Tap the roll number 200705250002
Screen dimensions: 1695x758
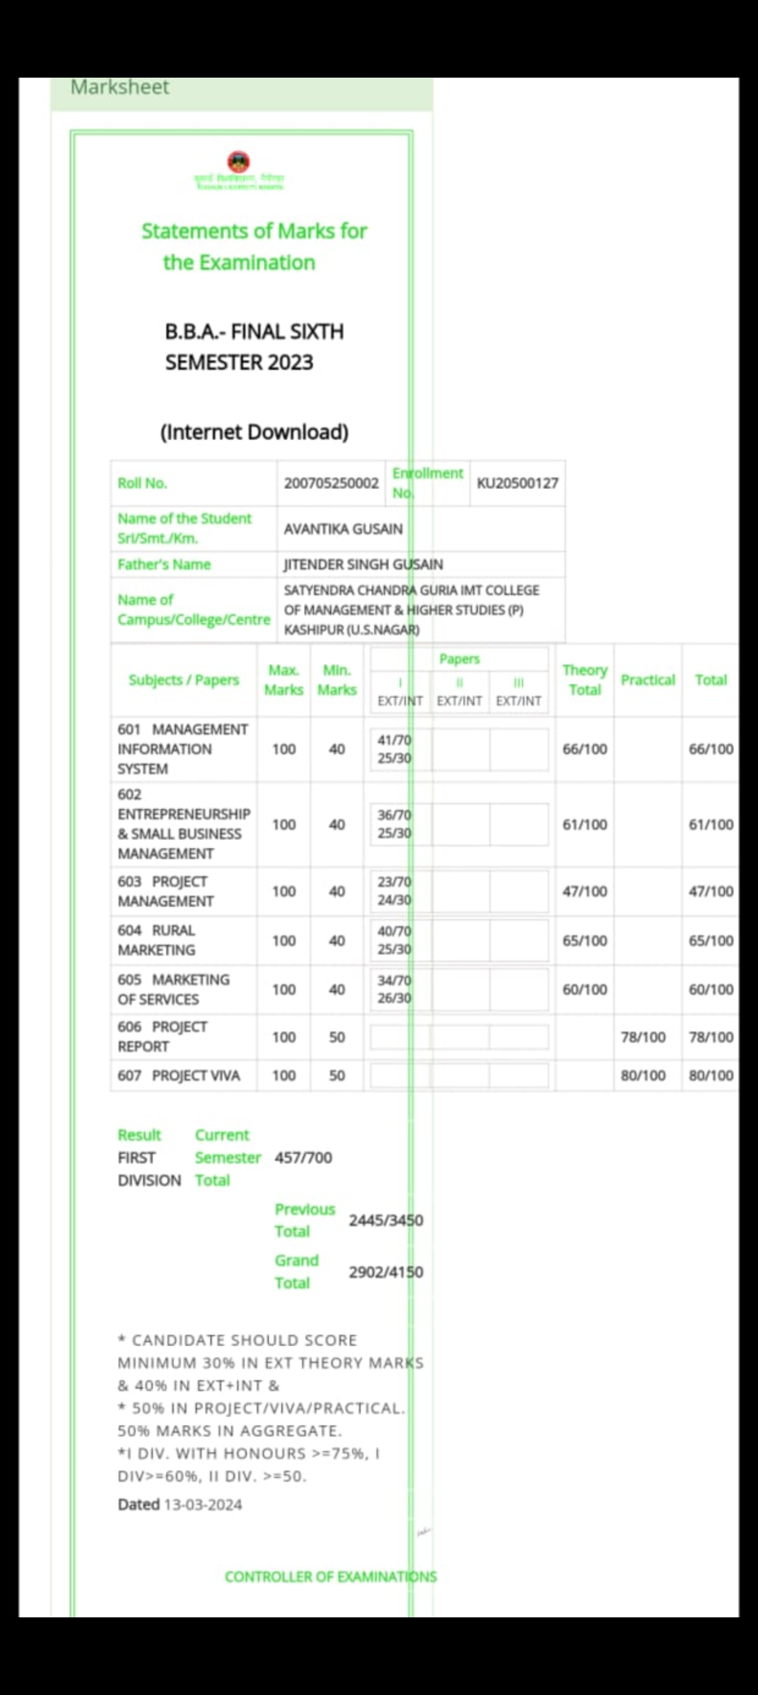click(331, 483)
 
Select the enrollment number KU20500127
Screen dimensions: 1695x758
click(517, 483)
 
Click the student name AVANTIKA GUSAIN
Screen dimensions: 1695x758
click(343, 528)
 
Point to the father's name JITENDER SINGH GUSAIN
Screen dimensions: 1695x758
click(363, 564)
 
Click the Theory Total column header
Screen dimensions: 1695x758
click(584, 680)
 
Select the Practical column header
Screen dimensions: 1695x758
click(647, 680)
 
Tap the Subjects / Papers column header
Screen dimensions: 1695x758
click(183, 680)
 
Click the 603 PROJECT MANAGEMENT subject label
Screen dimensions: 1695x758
click(166, 891)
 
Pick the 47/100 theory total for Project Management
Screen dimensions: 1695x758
click(584, 891)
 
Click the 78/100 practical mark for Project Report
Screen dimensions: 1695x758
click(643, 1037)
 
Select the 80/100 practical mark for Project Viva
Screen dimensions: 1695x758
click(643, 1075)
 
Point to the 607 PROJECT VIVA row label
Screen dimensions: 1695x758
click(179, 1075)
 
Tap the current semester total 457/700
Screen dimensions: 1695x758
click(303, 1158)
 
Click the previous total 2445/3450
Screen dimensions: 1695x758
click(386, 1220)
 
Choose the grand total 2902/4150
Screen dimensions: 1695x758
click(386, 1272)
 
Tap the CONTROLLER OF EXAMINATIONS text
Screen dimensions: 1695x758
click(330, 1576)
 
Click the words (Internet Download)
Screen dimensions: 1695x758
click(254, 432)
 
